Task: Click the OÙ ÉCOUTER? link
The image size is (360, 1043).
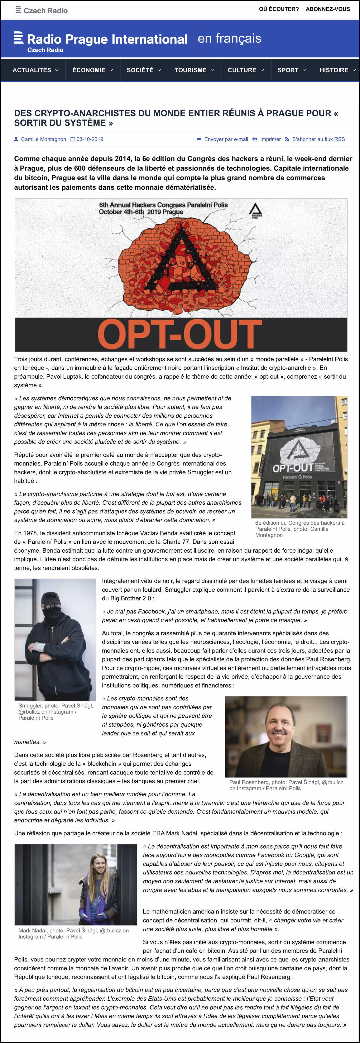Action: (x=279, y=9)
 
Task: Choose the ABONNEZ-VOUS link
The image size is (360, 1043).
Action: (x=328, y=9)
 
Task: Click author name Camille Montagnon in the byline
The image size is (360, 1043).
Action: (x=43, y=139)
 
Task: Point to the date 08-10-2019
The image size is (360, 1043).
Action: (x=90, y=139)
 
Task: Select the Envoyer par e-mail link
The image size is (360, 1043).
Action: (x=226, y=139)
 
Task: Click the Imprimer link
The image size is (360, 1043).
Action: (x=270, y=139)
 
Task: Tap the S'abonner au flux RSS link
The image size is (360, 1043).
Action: (x=318, y=139)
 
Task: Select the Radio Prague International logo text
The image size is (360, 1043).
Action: (x=107, y=39)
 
